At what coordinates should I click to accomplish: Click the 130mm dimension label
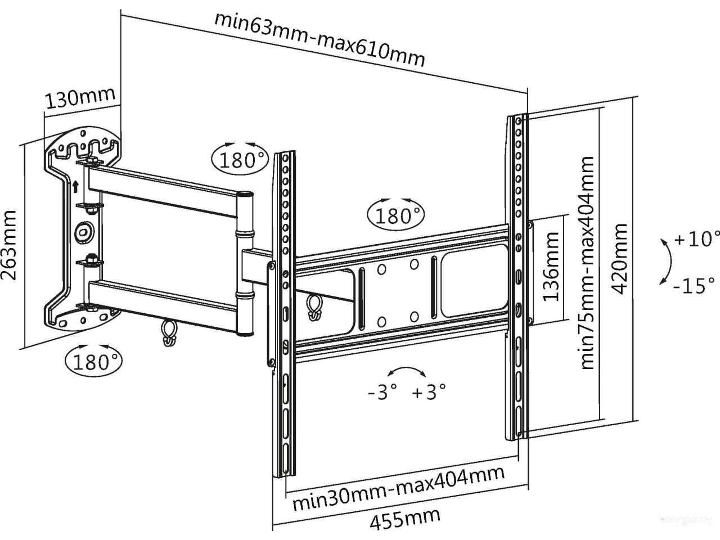tap(80, 100)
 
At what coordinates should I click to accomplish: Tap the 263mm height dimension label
tap(10, 245)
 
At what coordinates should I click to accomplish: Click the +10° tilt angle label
tap(696, 239)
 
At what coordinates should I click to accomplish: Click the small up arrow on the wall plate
tap(75, 186)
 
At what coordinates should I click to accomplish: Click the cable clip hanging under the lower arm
tap(168, 334)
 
